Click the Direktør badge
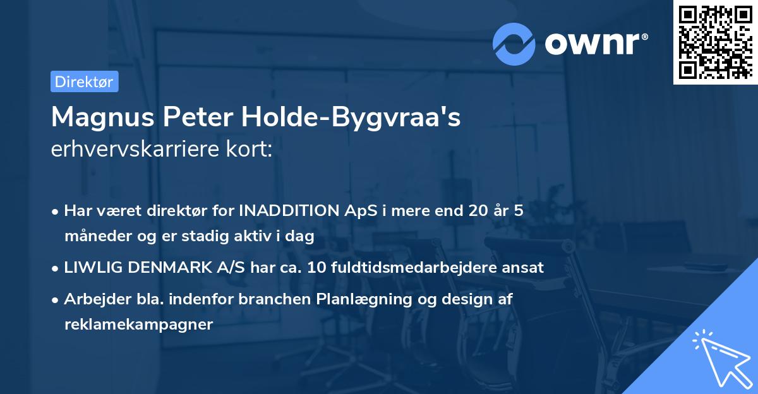point(84,81)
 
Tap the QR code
point(714,42)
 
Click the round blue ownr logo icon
point(514,44)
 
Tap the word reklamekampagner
point(139,325)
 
